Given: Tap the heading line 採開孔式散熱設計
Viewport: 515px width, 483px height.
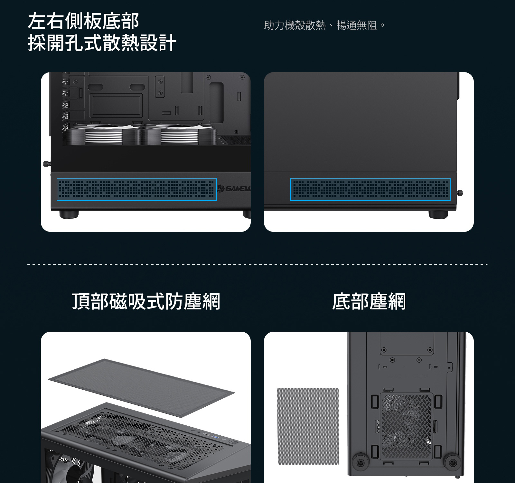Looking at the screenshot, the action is tap(102, 43).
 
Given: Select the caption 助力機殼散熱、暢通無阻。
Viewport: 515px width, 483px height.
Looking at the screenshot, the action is tap(324, 25).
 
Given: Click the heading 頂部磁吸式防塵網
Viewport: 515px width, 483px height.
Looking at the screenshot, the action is tap(146, 301).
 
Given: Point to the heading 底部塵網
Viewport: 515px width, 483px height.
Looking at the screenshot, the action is tap(369, 301).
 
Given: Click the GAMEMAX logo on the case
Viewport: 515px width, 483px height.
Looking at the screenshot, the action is tap(234, 188).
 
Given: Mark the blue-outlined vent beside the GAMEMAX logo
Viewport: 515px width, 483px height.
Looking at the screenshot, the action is tap(137, 189).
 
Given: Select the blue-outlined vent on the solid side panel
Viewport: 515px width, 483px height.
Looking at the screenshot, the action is tap(370, 189).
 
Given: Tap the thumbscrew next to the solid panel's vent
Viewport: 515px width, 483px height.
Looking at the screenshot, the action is tap(460, 193).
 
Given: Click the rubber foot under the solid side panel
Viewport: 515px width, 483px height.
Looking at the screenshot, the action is tap(438, 214).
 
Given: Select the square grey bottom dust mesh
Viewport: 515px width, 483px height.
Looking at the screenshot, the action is tap(308, 426).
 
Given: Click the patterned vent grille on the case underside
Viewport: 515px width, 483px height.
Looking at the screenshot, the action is tap(407, 426).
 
